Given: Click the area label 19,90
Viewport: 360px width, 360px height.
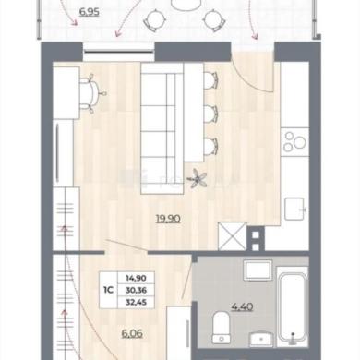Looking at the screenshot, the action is coord(168,219).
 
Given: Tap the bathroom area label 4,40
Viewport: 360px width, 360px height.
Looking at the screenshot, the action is coord(242,306).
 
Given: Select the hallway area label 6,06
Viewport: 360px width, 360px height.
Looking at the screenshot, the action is coord(132,333).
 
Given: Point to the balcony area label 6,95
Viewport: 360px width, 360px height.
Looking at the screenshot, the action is coord(90,12).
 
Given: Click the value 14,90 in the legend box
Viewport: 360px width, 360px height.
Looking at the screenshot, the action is coord(136,278).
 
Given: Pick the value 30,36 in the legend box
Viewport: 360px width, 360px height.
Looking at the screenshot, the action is coord(136,290).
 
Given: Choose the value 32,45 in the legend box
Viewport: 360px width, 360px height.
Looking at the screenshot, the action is coord(136,302).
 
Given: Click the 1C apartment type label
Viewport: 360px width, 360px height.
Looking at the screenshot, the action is coord(108,290).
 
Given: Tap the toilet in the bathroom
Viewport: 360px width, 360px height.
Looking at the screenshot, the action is coord(222,328).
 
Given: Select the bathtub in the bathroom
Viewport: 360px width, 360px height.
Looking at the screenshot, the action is coord(293,306).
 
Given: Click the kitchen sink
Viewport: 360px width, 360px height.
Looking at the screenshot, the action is coord(294,209).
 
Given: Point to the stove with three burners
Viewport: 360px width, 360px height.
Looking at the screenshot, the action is coord(294,142).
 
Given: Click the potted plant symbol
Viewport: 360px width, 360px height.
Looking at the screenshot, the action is coord(198,178).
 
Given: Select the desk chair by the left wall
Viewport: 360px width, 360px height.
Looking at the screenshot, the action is coord(92,93).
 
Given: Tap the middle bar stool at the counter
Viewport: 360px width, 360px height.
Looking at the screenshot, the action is coord(211,114).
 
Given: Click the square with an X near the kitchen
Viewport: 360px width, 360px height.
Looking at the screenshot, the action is coord(233,236).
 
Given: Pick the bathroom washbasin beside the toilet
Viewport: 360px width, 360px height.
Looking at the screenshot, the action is coord(261,340).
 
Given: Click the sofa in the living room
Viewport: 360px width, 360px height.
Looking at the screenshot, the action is coord(162,128).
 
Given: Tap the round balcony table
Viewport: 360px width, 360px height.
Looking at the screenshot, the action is coord(186,5).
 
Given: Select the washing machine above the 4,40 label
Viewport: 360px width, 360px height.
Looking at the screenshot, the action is coord(258,270).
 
